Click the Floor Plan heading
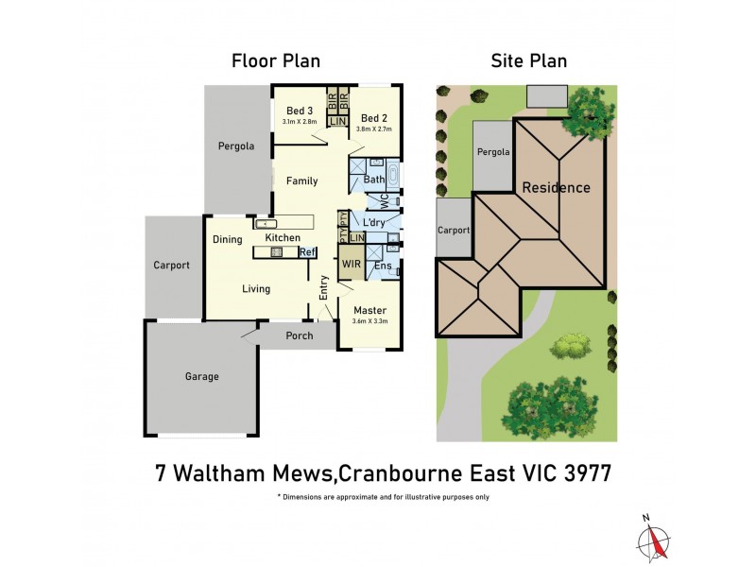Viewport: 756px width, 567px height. pyautogui.click(x=276, y=61)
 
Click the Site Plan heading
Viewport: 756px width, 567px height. pyautogui.click(x=528, y=61)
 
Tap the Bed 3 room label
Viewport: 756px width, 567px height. pyautogui.click(x=300, y=111)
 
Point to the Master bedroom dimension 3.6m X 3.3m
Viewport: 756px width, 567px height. pyautogui.click(x=370, y=321)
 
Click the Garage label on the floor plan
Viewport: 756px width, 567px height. pyautogui.click(x=201, y=376)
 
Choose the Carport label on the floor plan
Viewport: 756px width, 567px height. pyautogui.click(x=172, y=266)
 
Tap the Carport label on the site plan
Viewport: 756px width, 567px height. pyautogui.click(x=454, y=229)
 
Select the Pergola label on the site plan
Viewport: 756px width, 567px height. pyautogui.click(x=492, y=152)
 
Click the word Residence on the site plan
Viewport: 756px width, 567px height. pyautogui.click(x=557, y=187)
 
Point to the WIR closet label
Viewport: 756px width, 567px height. pyautogui.click(x=351, y=265)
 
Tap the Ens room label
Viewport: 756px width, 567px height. pyautogui.click(x=383, y=266)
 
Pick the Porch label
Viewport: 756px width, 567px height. pyautogui.click(x=298, y=335)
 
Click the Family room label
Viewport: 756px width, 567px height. pyautogui.click(x=302, y=180)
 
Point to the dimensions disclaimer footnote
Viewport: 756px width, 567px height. pyautogui.click(x=383, y=496)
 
